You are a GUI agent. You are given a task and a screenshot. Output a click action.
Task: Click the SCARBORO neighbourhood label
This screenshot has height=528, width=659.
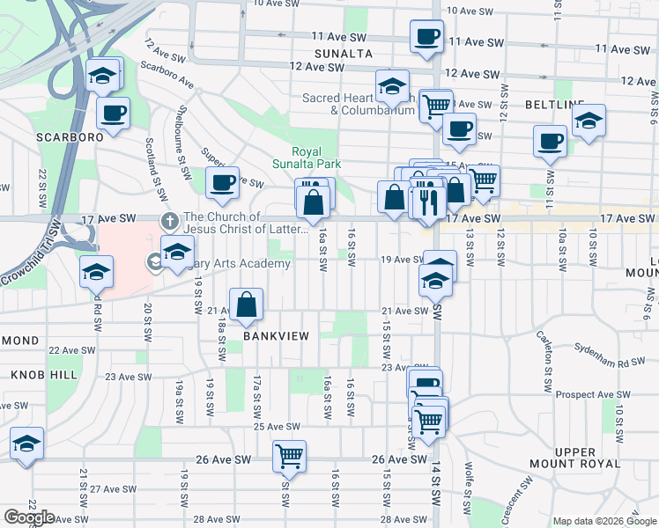point(70,137)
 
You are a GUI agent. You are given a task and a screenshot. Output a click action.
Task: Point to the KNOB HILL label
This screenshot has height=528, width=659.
point(39,375)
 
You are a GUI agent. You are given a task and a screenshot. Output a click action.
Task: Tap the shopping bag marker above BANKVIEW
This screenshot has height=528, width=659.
point(248,304)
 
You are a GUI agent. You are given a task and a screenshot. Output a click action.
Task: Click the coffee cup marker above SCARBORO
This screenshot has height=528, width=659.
point(114,113)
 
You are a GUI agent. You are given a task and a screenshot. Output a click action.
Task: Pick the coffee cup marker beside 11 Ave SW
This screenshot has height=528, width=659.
point(426,37)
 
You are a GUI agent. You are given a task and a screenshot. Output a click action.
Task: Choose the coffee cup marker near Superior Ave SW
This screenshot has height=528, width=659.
point(222,183)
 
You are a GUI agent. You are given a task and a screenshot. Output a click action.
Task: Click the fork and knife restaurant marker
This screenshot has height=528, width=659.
point(427,202)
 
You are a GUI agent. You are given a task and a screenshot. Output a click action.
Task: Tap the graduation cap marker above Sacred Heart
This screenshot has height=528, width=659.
point(392,86)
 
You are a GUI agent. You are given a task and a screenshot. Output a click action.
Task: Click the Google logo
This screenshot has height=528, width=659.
point(28,517)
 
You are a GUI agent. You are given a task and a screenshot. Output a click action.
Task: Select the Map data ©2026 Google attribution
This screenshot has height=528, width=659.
point(603,520)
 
